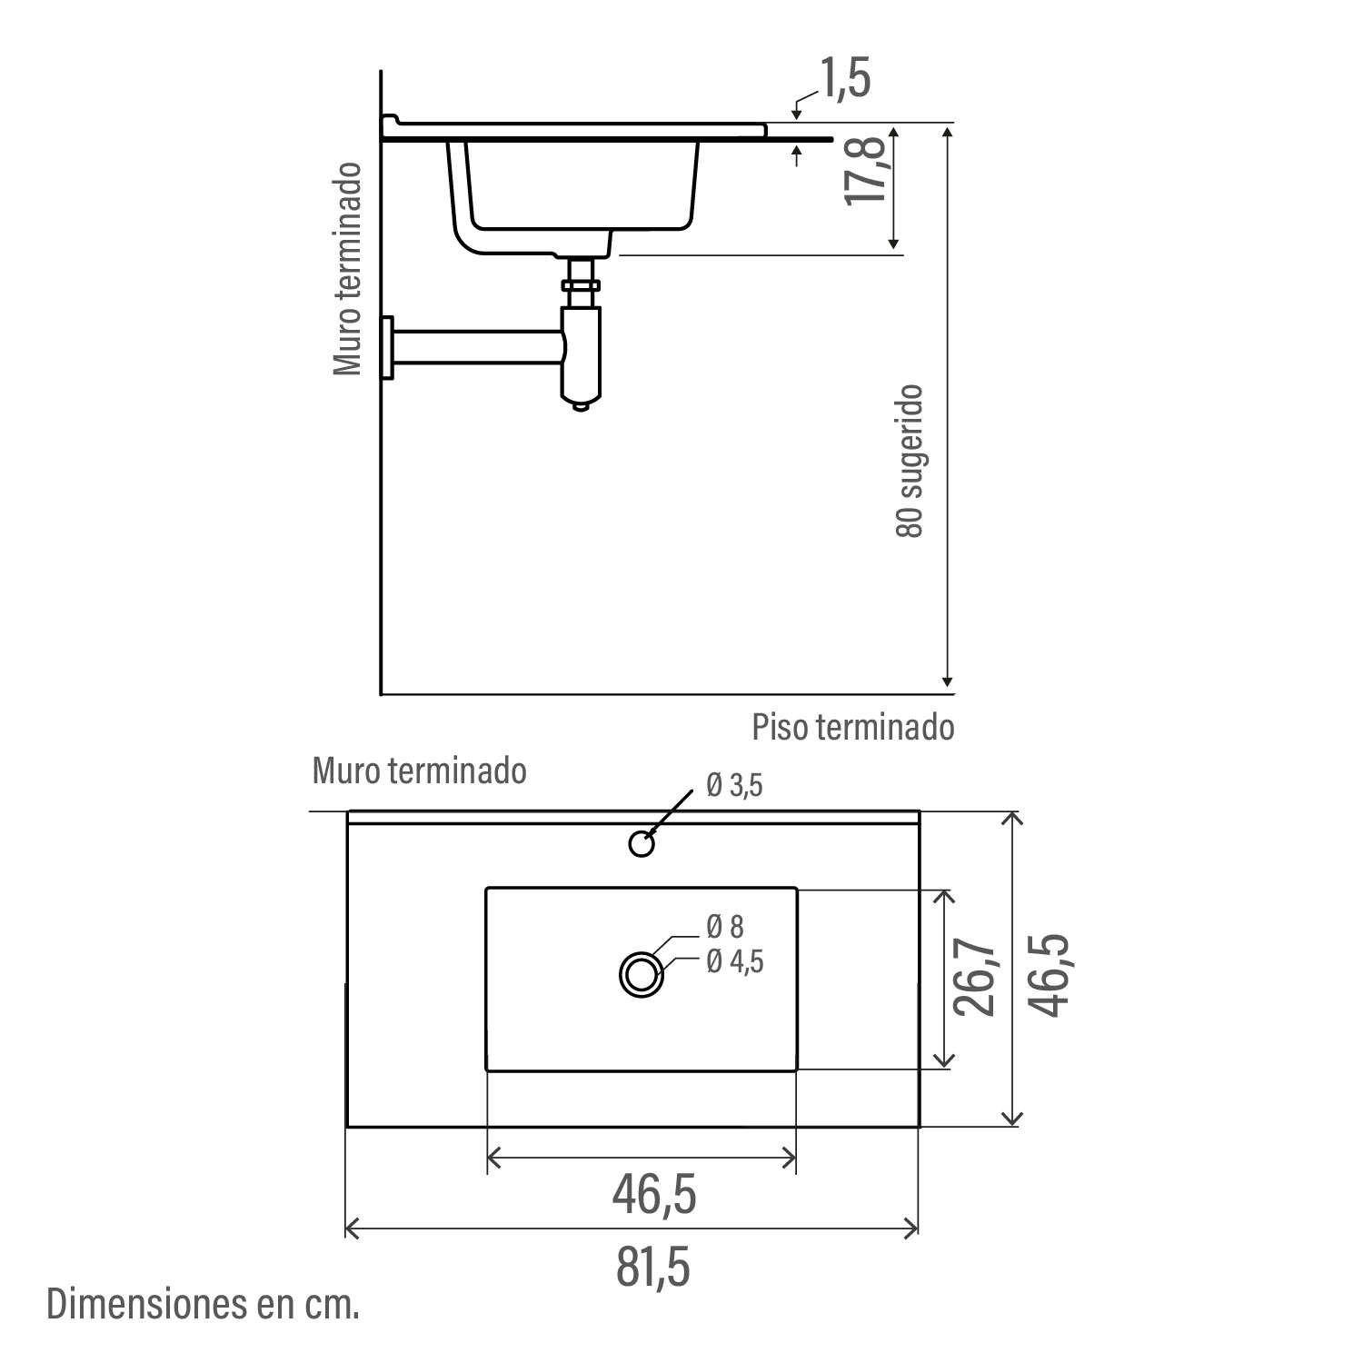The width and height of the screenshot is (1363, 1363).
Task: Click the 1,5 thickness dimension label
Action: point(845,78)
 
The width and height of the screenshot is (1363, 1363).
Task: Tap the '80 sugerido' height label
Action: point(910,461)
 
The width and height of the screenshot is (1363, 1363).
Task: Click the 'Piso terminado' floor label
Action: point(853,727)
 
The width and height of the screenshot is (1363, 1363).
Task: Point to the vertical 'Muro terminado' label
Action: point(347,269)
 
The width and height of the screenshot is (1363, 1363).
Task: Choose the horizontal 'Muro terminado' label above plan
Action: point(420,771)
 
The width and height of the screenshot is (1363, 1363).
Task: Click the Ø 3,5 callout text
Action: point(734,786)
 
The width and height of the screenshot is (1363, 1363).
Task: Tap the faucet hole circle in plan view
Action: point(642,844)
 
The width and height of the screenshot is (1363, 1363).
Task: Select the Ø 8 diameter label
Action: point(725,927)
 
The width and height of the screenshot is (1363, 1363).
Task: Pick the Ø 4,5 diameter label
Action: point(735,960)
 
